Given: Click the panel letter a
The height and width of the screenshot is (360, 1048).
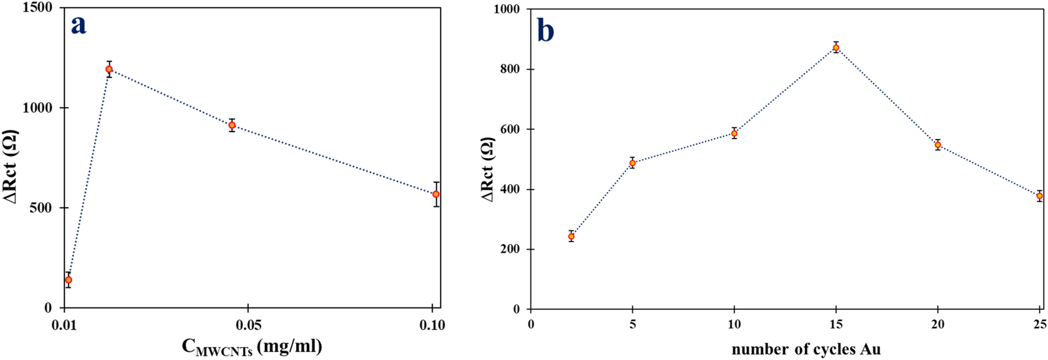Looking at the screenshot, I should pos(79,25).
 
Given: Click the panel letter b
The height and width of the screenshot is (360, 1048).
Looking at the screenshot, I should pos(545,31).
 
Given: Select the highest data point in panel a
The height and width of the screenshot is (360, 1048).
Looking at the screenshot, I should pos(109,69).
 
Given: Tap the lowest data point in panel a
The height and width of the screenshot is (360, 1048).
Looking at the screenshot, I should pos(68,280).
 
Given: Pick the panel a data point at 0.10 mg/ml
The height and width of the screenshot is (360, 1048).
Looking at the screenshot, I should pos(436,194).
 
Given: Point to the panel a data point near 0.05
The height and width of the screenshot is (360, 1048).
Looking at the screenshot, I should pos(232,125).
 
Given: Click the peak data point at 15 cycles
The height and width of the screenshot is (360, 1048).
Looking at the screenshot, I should pos(836,48).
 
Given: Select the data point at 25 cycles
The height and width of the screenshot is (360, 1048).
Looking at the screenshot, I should pos(1039,196).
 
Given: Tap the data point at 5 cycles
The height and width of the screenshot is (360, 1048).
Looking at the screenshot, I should pos(633,163).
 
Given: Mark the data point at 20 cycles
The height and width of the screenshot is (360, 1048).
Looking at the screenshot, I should pos(938,145).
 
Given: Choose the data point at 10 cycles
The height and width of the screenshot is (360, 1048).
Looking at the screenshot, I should pos(734,134).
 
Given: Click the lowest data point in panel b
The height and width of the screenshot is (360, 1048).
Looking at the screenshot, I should pos(571,236).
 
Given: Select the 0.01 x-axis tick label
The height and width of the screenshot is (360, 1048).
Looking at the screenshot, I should pos(64,324).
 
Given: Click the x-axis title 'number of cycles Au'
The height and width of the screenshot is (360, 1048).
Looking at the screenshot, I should pos(806,349).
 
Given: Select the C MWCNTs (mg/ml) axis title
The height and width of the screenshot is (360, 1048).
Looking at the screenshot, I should pos(252,347).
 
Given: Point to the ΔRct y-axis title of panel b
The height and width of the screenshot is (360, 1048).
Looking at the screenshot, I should pos(488,169).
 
